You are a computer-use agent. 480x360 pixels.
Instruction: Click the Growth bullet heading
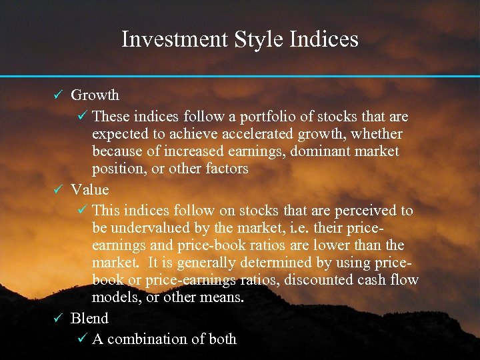(95, 95)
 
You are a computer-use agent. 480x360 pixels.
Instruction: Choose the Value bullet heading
(89, 189)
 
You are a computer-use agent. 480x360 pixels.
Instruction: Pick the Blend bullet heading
(89, 318)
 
